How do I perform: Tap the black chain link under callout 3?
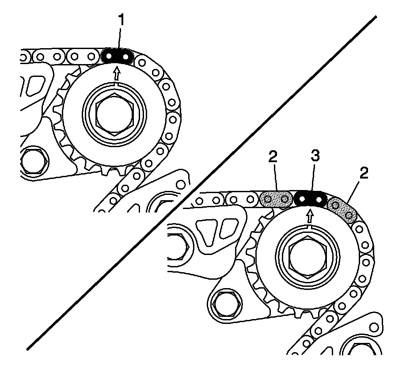coord(310,198)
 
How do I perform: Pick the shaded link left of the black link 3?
coord(276,200)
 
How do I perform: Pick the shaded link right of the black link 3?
coord(343,208)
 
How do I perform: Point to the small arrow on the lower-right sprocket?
coord(311,216)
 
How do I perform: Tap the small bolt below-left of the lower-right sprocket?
coord(226,304)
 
